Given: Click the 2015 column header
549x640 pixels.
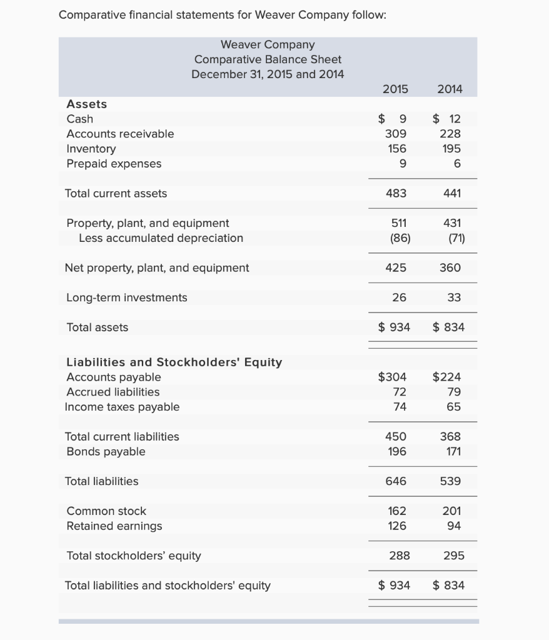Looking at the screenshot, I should coord(395,89).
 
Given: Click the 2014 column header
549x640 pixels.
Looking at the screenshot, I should coord(450,89).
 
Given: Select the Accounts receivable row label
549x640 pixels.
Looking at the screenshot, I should coord(120,134).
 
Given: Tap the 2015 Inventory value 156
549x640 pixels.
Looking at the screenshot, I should coord(397,149).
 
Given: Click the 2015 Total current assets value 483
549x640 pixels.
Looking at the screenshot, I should coord(396,193).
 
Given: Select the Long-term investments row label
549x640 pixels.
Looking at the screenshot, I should coord(126,297).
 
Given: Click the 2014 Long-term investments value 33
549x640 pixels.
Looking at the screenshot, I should coord(455,297).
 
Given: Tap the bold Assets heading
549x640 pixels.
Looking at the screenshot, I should coord(86,104).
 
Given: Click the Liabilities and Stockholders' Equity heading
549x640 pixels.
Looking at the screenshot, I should coord(174,362).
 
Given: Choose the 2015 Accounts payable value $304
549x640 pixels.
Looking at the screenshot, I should coord(393,377).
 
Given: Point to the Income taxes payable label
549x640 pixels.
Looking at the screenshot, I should coord(122,407).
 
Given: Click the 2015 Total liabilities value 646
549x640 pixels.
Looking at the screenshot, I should coord(396,481).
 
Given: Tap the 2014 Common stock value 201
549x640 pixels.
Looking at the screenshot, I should coord(451,511).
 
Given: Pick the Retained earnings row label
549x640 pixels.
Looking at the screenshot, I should coord(114,526).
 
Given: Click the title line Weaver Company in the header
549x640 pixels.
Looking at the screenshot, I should coord(268,44).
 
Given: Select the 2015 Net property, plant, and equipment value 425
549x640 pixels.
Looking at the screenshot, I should coord(396,267).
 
